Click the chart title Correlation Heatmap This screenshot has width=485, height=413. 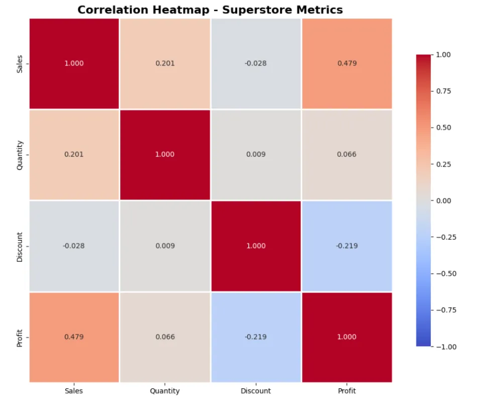click(x=210, y=10)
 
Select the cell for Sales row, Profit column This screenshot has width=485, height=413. click(x=347, y=63)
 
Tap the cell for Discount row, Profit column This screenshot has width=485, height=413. click(x=347, y=246)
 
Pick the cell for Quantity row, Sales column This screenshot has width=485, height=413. click(x=74, y=154)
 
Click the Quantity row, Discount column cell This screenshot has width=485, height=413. click(x=256, y=154)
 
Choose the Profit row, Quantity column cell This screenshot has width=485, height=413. click(x=165, y=336)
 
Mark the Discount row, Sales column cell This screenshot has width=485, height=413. click(x=74, y=246)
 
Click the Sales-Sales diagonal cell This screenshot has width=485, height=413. click(x=74, y=63)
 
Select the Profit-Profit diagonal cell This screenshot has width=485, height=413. click(x=347, y=336)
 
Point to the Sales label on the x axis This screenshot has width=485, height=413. click(x=74, y=391)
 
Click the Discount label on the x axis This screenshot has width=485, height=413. click(x=256, y=391)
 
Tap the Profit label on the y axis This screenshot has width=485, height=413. click(x=20, y=337)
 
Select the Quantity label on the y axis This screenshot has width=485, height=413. click(x=20, y=154)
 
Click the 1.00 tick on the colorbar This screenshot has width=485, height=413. click(x=444, y=54)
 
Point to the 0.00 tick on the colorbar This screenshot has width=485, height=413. click(x=444, y=200)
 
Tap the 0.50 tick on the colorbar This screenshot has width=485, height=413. click(x=444, y=127)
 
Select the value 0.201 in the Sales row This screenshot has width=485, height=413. click(x=165, y=63)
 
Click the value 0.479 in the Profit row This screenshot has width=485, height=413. click(x=74, y=336)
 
